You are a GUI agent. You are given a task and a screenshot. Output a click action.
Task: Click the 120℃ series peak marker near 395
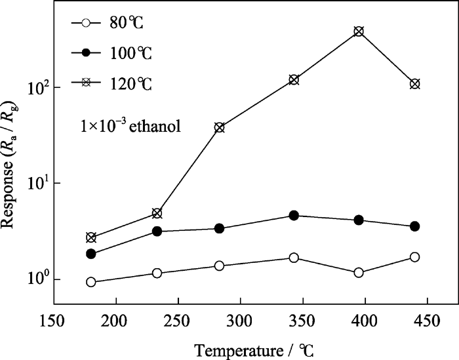pos(359,31)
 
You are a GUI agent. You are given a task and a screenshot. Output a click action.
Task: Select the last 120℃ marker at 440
pos(414,84)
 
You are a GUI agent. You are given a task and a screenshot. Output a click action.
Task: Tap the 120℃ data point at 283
pos(219,127)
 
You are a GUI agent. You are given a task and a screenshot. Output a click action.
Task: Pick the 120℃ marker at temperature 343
pos(294,79)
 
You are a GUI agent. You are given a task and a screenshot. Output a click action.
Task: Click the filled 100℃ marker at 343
pos(294,216)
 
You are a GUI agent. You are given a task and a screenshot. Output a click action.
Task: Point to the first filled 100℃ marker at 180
pos(91,254)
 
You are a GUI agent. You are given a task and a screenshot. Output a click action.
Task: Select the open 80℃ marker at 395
pos(359,272)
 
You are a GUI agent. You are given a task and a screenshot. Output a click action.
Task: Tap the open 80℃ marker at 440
pos(414,257)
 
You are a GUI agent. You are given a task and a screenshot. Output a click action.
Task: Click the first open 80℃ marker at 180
pos(91,282)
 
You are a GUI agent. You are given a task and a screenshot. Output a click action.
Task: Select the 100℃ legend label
pos(131,53)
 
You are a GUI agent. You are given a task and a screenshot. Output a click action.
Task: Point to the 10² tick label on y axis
pos(35,87)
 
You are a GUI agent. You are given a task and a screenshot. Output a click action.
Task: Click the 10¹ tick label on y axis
pos(35,183)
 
